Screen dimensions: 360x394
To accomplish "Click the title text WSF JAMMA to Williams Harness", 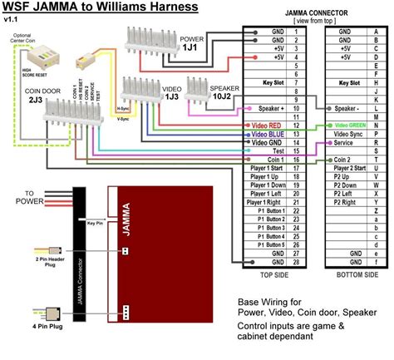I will [100, 8].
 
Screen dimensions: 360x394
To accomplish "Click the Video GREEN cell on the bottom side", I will [352, 125].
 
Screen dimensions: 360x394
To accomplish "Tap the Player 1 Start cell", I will [265, 169].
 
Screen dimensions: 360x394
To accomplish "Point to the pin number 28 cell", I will [298, 262].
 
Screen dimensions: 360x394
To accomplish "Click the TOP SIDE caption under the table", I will [274, 274].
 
